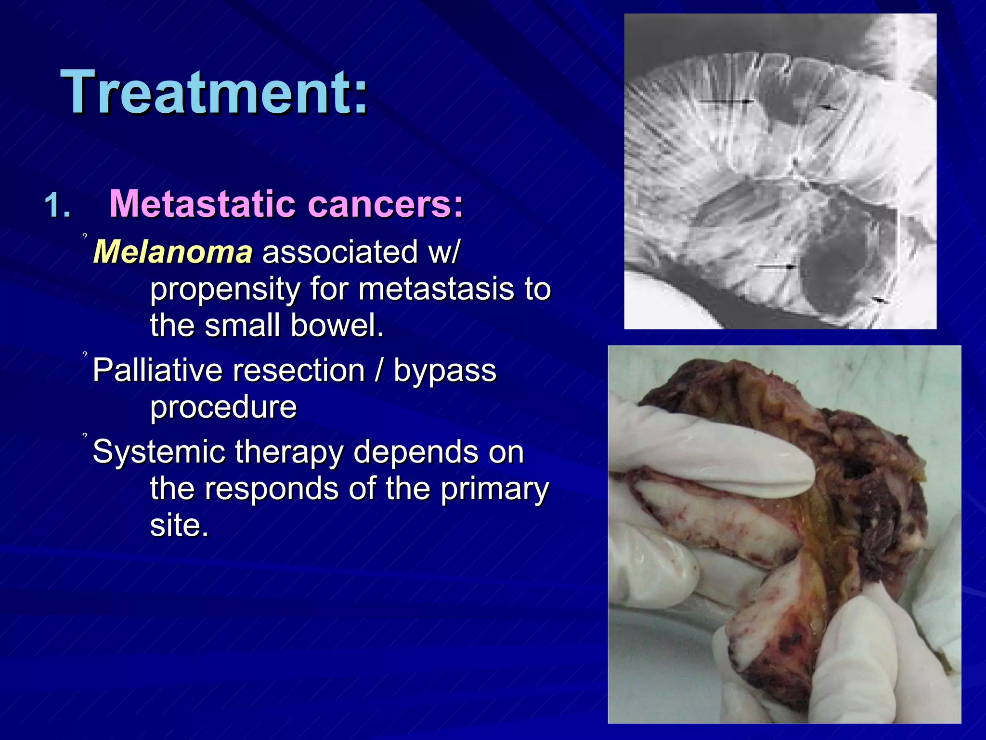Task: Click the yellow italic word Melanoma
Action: coord(173,251)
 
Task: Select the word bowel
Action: coord(337,325)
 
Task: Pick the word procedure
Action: coord(223,407)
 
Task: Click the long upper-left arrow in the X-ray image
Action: coord(725,101)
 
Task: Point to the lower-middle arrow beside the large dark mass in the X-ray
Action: coord(775,266)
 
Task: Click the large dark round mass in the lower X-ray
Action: coord(838,270)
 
